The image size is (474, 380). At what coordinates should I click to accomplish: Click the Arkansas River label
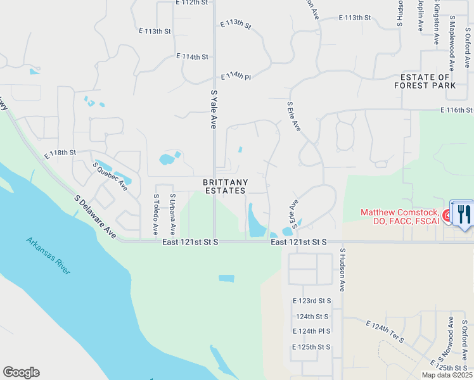[x=48, y=255]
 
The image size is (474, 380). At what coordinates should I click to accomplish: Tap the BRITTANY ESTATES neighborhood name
[x=224, y=186]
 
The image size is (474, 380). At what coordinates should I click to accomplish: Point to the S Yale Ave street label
[x=214, y=110]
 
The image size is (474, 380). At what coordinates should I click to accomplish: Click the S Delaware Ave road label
[x=96, y=217]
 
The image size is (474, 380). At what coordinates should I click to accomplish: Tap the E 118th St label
[x=60, y=153]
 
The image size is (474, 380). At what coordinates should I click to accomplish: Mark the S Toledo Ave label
[x=156, y=215]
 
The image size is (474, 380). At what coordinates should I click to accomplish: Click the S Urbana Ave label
[x=172, y=215]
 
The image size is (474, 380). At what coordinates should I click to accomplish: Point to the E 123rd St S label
[x=312, y=300]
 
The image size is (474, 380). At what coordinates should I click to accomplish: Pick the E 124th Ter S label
[x=385, y=332]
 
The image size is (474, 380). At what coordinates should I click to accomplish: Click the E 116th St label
[x=457, y=110]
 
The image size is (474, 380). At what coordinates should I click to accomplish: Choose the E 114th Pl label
[x=236, y=77]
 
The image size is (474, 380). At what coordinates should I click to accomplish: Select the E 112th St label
[x=192, y=3]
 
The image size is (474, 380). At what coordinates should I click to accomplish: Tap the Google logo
[x=21, y=372]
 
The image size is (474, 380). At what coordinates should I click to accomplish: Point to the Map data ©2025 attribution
[x=446, y=375]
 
